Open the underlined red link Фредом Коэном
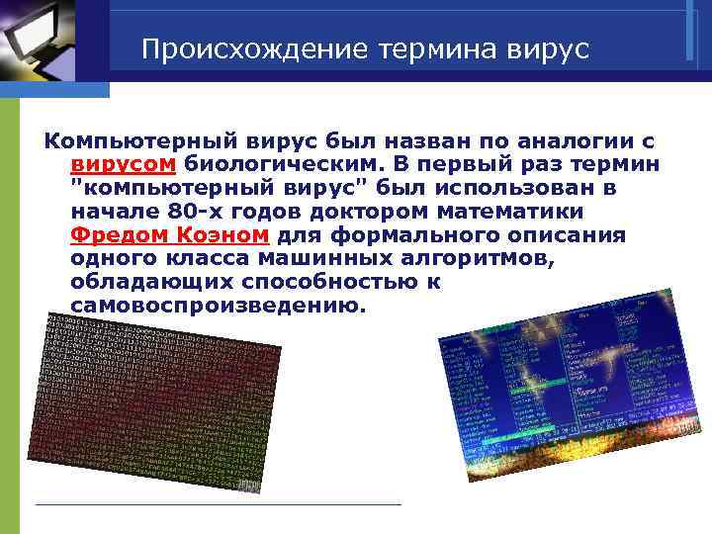[170, 235]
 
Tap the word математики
[499, 212]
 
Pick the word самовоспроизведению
[218, 306]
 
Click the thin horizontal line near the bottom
[218, 505]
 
